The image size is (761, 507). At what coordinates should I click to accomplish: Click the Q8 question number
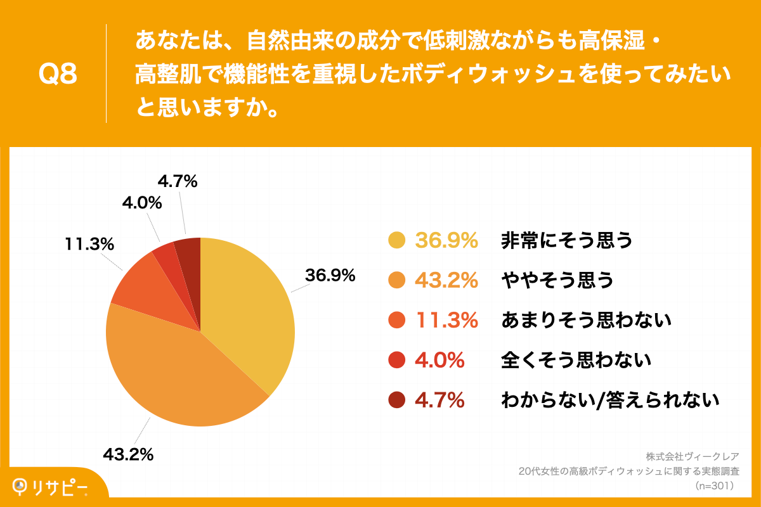tap(58, 74)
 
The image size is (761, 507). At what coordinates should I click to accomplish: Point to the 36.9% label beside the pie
tap(330, 276)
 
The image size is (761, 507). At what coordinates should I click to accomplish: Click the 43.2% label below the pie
tap(129, 454)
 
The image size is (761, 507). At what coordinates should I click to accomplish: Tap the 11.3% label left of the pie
tap(89, 243)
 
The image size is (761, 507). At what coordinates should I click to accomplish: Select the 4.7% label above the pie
tap(178, 182)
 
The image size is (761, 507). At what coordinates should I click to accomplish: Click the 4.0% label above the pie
tap(142, 203)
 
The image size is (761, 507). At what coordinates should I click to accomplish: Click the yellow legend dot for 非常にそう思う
tap(396, 241)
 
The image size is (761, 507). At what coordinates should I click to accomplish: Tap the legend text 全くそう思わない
tap(576, 361)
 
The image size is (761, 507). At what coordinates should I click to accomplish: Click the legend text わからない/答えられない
tap(610, 400)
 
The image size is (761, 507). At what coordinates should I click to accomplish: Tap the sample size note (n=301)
tap(714, 486)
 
